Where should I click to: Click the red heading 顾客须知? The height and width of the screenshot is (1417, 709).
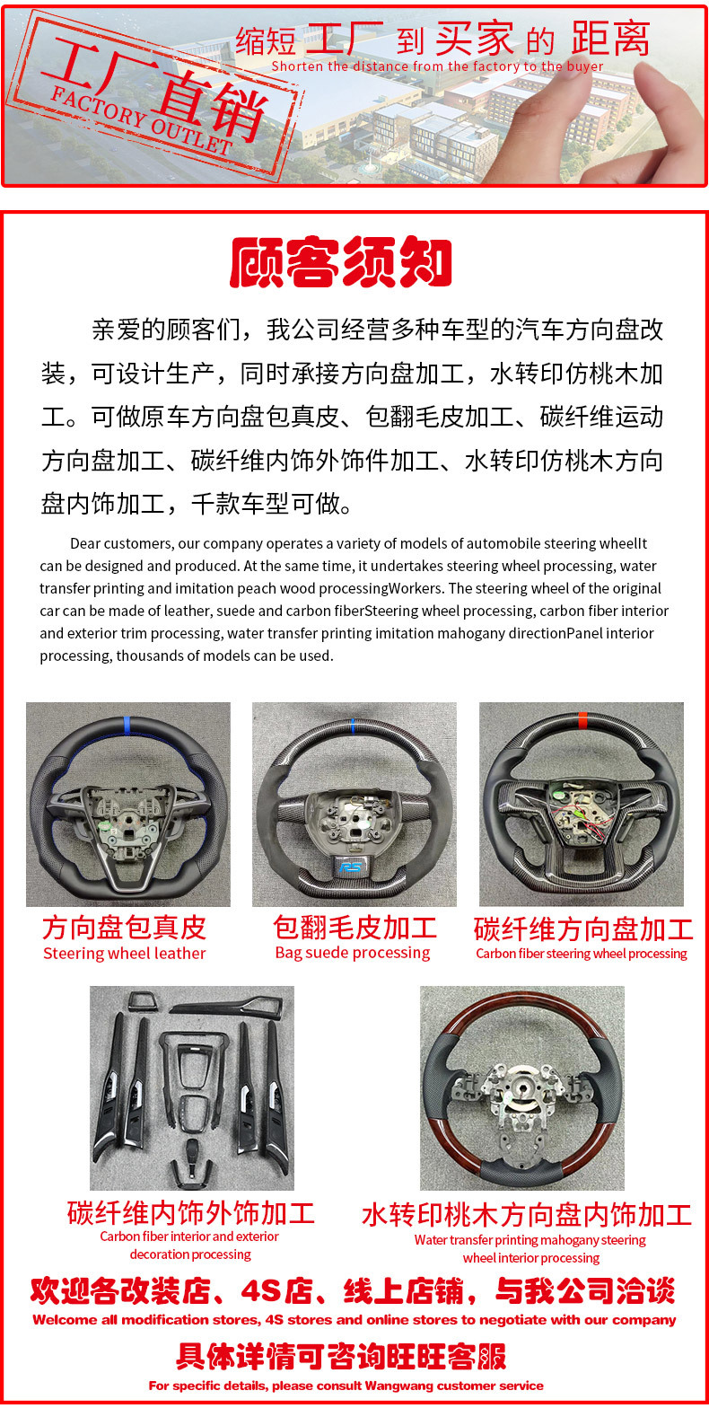click(x=341, y=263)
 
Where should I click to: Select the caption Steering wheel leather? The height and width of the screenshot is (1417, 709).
click(x=125, y=954)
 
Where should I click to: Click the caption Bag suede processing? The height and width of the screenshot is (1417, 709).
click(x=353, y=953)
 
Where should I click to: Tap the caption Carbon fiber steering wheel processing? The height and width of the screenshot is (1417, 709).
click(x=582, y=954)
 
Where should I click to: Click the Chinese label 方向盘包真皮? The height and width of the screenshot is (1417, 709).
click(x=124, y=928)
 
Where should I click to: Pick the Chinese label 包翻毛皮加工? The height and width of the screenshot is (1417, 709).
click(x=354, y=928)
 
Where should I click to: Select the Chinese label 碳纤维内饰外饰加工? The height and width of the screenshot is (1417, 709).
click(x=191, y=1213)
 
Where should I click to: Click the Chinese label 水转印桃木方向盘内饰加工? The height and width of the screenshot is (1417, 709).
click(x=527, y=1215)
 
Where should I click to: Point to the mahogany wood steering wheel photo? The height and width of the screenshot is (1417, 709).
click(x=522, y=1087)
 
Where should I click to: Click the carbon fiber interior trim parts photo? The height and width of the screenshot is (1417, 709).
click(x=192, y=1087)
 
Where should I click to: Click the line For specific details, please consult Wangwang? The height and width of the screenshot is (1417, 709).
click(x=346, y=1386)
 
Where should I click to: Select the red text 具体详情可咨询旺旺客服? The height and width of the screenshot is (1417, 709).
click(x=341, y=1356)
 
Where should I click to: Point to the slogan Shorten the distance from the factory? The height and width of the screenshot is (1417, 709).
click(x=437, y=66)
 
